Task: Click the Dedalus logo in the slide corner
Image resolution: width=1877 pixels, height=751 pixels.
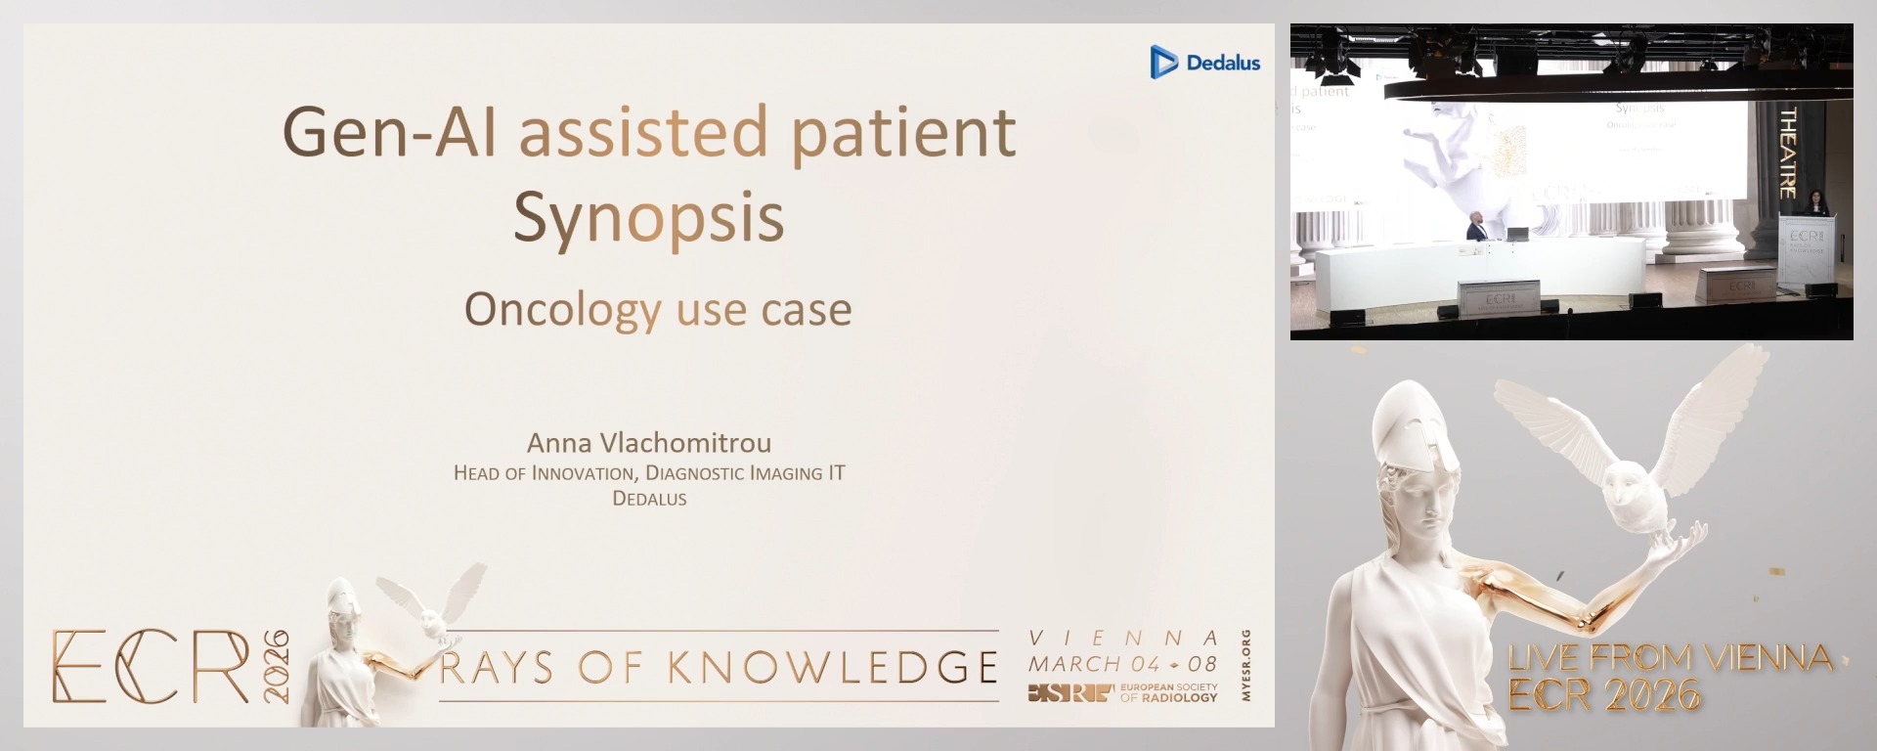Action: [1204, 62]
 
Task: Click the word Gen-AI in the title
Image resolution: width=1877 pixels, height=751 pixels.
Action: [389, 132]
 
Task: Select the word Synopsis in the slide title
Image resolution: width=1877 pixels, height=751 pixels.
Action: [648, 217]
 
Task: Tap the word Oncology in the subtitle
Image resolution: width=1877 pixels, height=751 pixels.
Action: [562, 309]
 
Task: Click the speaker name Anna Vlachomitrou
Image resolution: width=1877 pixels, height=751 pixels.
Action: [649, 443]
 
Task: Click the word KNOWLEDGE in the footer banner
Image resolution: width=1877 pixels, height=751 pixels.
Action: [833, 667]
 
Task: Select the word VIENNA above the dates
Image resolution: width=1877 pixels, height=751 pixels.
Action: [1123, 638]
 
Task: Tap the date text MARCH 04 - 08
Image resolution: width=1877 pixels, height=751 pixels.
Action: [1122, 664]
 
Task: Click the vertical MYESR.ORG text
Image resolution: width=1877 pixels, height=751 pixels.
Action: [1245, 665]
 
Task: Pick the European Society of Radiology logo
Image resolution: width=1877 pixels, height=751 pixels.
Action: [1122, 693]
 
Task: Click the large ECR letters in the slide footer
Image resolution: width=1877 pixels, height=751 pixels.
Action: [151, 666]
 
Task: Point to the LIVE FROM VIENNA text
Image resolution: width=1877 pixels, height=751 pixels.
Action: [1670, 657]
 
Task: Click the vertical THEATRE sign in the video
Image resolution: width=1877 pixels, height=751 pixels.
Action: [1788, 153]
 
